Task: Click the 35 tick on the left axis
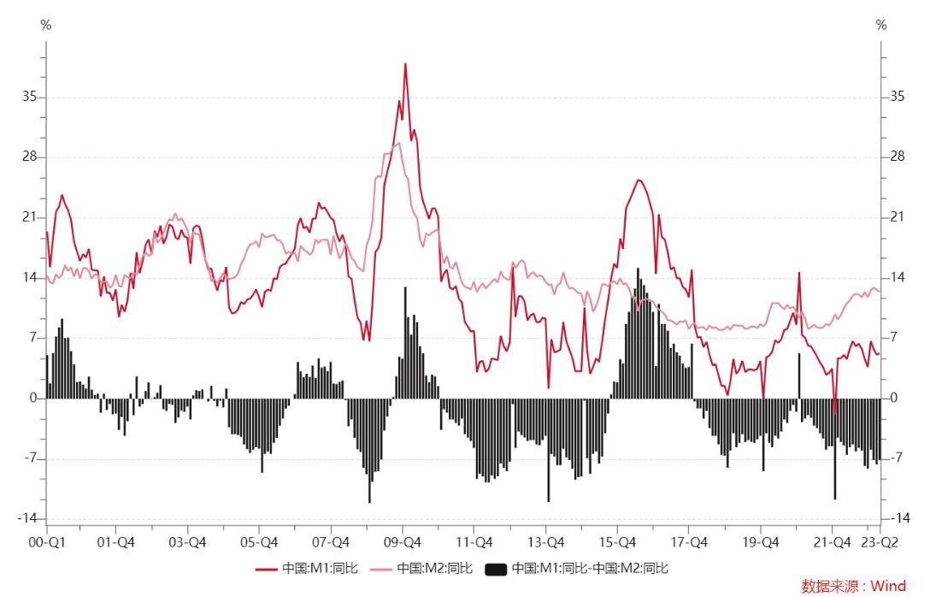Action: coord(30,98)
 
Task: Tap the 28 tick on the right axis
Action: coord(897,157)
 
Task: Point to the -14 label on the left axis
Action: coord(28,519)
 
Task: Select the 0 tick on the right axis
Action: coord(893,399)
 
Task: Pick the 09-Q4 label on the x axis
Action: coord(403,542)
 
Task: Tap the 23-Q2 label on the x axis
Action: coord(880,542)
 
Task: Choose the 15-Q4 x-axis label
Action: coord(617,542)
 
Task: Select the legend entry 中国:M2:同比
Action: coord(433,568)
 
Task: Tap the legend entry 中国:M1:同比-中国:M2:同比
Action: coord(590,568)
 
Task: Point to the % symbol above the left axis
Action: coord(46,26)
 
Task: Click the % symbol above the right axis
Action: coord(881,26)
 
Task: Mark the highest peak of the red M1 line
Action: coord(405,64)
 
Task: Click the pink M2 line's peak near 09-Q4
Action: coord(397,143)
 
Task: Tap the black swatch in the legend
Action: coord(496,568)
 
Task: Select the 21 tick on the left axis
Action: coord(30,218)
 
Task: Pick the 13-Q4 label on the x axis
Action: coord(545,542)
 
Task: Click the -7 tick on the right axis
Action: coord(896,458)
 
